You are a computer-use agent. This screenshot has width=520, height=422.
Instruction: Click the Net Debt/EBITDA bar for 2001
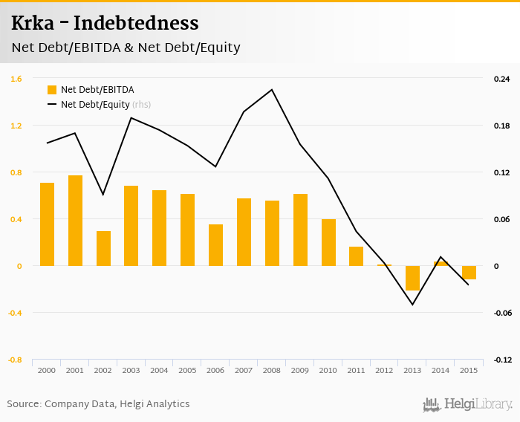tap(75, 221)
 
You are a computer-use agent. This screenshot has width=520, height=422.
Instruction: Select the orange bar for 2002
tap(103, 248)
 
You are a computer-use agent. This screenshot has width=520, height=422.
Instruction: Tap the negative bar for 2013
tap(412, 278)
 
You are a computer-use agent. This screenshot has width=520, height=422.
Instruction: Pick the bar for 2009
tap(300, 230)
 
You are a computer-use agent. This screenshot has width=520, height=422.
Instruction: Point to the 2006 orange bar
tap(215, 245)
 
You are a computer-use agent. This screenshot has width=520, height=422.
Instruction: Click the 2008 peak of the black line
tap(272, 90)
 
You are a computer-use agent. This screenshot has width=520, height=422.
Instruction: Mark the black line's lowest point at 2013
tap(412, 305)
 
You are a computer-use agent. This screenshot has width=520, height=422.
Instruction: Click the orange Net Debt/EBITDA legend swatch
tap(52, 90)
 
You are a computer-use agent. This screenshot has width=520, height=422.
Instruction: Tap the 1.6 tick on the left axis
tap(16, 79)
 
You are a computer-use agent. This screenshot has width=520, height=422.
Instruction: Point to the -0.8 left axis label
tap(15, 360)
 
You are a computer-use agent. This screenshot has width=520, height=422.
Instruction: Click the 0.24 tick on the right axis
tap(502, 79)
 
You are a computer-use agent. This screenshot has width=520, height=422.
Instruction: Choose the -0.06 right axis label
tap(502, 313)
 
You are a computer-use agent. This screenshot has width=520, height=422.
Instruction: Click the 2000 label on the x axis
tap(47, 370)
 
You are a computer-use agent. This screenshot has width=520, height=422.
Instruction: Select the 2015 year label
tap(469, 370)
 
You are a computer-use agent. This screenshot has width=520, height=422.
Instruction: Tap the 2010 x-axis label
tap(328, 370)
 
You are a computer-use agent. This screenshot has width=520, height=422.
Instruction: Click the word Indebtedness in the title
tap(137, 23)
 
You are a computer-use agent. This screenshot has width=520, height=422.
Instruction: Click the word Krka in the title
tap(30, 23)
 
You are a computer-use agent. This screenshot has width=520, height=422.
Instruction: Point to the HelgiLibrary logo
tap(467, 404)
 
